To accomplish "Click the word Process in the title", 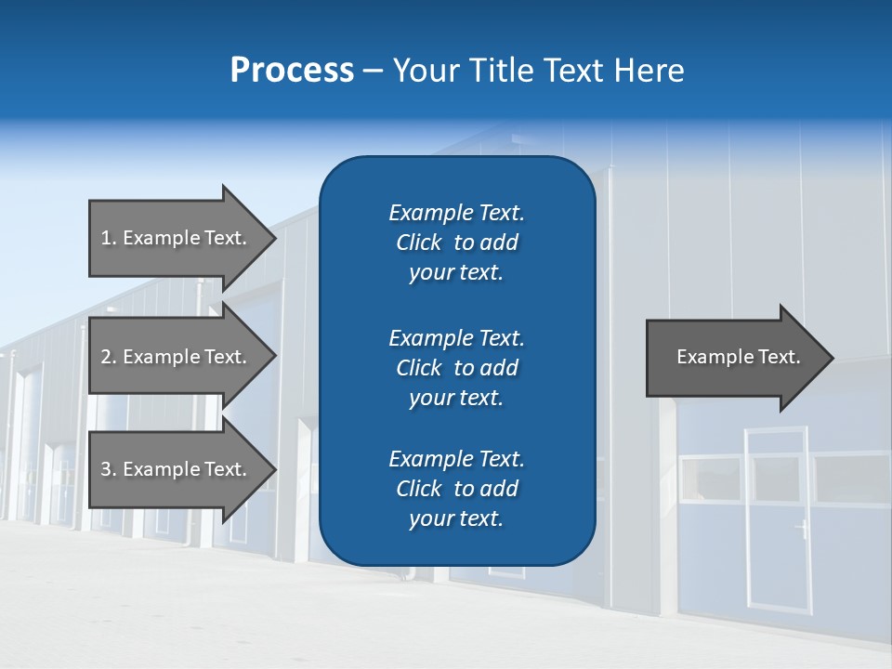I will click(292, 71).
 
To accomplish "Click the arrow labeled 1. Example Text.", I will click(177, 238).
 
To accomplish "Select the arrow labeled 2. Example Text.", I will click(177, 357).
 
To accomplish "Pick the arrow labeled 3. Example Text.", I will click(177, 469).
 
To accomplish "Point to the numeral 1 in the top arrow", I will click(106, 238).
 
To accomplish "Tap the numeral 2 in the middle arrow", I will click(107, 357).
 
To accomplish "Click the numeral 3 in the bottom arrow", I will click(107, 469).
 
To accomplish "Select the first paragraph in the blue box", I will click(456, 243).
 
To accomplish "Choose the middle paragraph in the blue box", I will click(456, 368).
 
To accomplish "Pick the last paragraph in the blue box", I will click(456, 489).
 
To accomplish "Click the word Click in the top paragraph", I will click(418, 243).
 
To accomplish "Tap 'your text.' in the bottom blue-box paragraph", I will click(456, 518).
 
